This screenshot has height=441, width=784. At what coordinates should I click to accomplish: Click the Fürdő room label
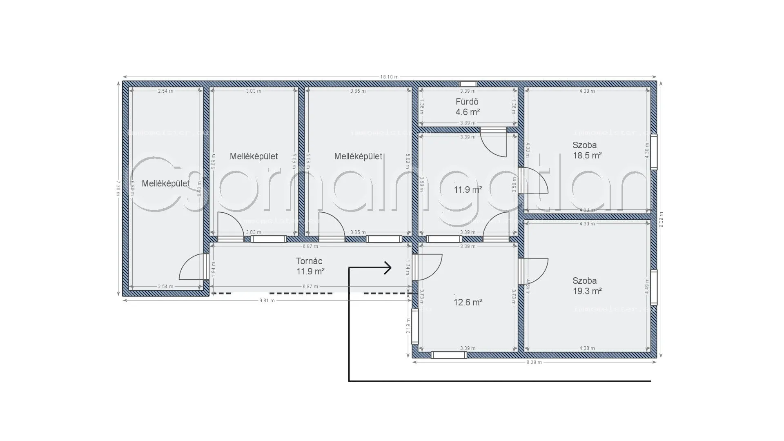click(467, 102)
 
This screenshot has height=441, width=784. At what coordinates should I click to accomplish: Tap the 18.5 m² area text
click(587, 156)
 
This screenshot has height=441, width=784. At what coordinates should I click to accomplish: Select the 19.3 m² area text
click(587, 291)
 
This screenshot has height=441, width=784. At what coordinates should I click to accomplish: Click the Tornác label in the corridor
click(309, 261)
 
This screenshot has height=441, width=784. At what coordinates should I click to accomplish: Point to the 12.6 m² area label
click(468, 303)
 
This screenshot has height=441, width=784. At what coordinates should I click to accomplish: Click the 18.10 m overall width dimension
click(389, 77)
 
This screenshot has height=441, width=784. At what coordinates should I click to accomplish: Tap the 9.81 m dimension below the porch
click(267, 301)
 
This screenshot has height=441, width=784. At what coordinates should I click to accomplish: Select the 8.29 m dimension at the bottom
click(534, 362)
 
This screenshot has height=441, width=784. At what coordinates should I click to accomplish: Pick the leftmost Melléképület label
click(165, 184)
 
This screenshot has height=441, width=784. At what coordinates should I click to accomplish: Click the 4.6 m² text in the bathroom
click(468, 112)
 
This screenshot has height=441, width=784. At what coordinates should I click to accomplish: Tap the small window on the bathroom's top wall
click(468, 84)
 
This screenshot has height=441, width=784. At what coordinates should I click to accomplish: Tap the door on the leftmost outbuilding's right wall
click(193, 267)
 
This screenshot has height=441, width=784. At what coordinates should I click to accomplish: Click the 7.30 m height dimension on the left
click(118, 188)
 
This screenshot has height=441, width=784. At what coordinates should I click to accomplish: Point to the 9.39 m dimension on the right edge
click(661, 220)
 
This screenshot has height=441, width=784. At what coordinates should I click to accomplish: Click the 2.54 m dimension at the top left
click(165, 91)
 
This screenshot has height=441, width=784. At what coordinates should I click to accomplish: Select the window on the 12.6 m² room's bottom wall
click(449, 355)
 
